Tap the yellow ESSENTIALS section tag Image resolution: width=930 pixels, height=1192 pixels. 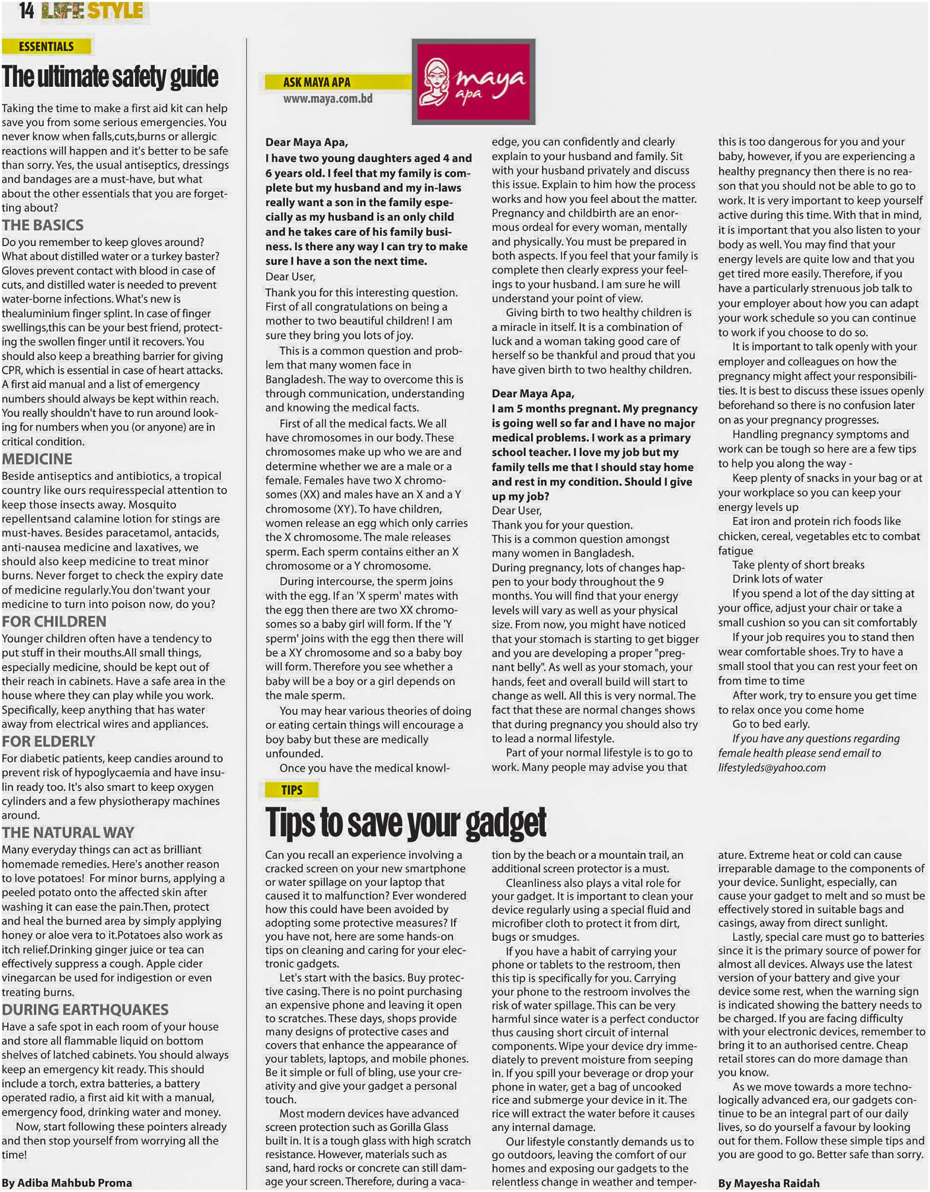coord(46,46)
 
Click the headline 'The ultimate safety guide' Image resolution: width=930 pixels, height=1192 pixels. coord(110,77)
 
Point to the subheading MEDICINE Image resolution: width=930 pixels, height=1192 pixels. coord(37,459)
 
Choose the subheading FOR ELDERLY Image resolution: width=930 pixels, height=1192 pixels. coord(49,741)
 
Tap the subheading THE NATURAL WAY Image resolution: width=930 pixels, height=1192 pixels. coord(68,832)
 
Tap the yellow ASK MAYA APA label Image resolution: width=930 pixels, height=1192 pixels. coord(317,82)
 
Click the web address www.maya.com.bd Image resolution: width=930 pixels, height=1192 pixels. coord(328,99)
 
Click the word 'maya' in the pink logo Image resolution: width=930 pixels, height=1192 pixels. coord(490,79)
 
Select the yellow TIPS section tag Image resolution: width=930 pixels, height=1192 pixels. coord(292,790)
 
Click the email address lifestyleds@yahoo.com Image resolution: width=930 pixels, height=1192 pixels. coord(771,767)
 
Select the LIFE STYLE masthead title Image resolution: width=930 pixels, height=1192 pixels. coord(93,11)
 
